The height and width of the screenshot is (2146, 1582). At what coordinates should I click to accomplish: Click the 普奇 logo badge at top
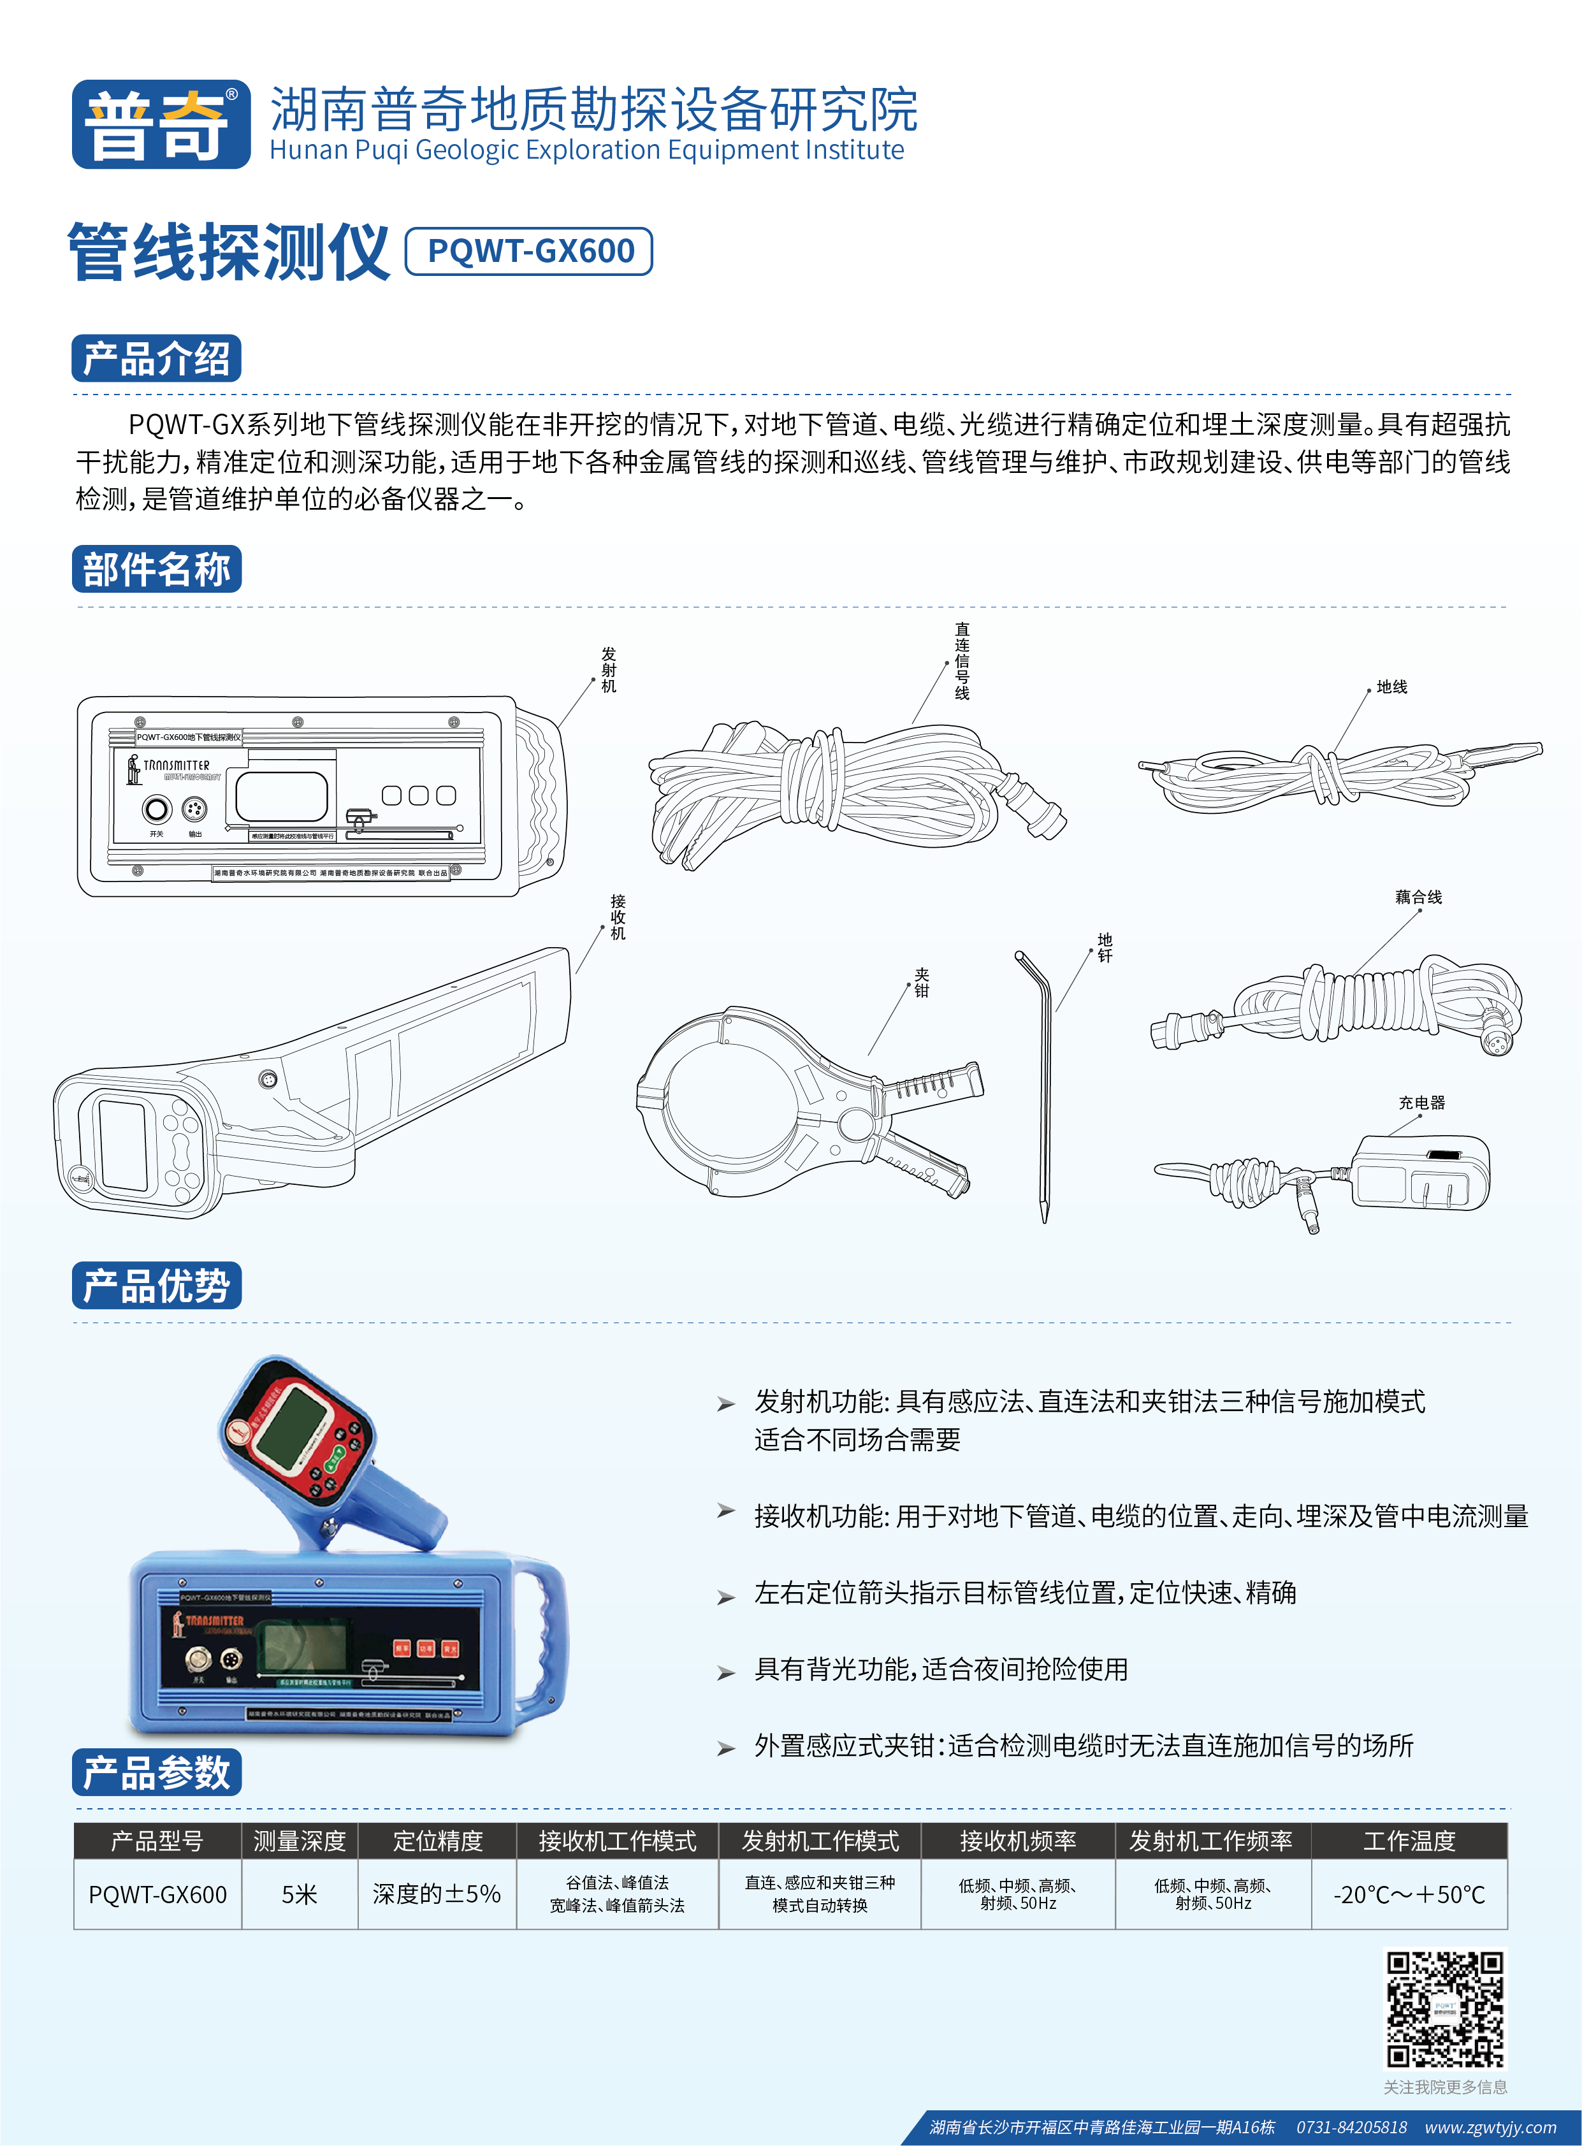pos(161,124)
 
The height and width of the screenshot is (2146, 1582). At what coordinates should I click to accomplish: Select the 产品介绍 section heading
pos(156,359)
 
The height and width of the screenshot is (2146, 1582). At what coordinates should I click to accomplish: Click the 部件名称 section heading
pos(156,569)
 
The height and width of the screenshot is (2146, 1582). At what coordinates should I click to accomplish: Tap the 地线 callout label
pos(1391,686)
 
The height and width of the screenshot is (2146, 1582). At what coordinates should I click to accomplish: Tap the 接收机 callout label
pos(619,917)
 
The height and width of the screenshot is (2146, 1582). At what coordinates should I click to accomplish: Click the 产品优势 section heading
pos(156,1285)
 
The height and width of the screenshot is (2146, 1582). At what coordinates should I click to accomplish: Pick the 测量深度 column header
pos(300,1841)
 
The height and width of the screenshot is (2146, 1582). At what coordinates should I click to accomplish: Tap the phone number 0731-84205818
pos(1351,2127)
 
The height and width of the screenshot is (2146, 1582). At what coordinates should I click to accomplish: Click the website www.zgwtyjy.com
pos(1490,2127)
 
